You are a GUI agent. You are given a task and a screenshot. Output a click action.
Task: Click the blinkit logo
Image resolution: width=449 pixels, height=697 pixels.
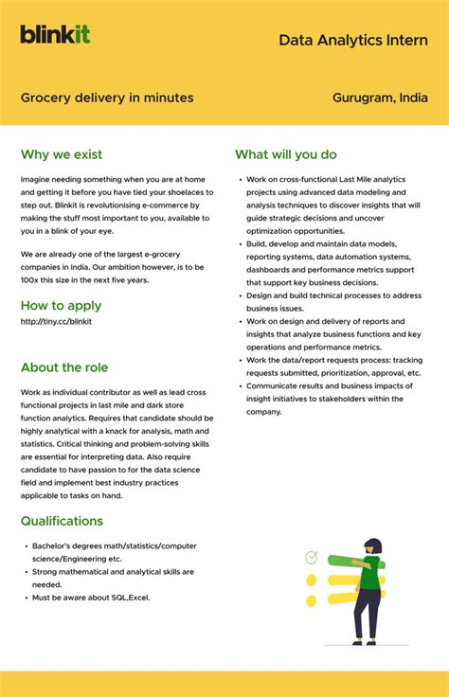pyautogui.click(x=55, y=34)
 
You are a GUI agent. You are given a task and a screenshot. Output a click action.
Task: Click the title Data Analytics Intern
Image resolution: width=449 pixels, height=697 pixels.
pyautogui.click(x=352, y=40)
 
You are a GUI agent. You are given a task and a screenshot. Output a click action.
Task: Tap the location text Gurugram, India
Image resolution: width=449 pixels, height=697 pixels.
pyautogui.click(x=380, y=98)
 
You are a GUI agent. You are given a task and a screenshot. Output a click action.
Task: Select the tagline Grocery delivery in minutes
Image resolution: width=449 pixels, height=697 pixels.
pyautogui.click(x=107, y=98)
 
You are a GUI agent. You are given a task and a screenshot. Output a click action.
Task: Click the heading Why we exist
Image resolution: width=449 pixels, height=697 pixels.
pyautogui.click(x=62, y=154)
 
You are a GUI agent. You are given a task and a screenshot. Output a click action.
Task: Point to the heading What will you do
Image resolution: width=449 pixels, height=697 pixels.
pyautogui.click(x=285, y=154)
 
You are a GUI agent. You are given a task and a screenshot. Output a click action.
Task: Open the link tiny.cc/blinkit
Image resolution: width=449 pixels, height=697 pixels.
pyautogui.click(x=56, y=321)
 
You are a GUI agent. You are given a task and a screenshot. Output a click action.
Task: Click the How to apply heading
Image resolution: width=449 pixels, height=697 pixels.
pyautogui.click(x=61, y=305)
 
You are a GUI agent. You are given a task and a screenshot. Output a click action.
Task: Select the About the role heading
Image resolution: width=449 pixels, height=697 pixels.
pyautogui.click(x=64, y=367)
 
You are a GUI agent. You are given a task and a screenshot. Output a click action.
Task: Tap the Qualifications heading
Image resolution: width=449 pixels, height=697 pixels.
pyautogui.click(x=62, y=521)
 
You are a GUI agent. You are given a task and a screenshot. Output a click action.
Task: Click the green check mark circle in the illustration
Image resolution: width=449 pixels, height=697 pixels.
pyautogui.click(x=312, y=557)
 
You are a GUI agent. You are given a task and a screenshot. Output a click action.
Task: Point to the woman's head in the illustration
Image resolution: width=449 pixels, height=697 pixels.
pyautogui.click(x=373, y=546)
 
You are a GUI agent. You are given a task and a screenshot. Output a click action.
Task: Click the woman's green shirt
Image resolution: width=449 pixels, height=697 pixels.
pyautogui.click(x=369, y=573)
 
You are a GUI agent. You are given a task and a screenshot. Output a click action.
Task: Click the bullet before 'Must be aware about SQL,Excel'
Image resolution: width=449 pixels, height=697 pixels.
pyautogui.click(x=26, y=598)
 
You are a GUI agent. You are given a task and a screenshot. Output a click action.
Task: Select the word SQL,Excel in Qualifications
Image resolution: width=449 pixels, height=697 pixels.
pyautogui.click(x=127, y=598)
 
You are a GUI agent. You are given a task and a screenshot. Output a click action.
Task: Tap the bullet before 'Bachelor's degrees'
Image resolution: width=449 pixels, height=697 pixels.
pyautogui.click(x=26, y=546)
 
